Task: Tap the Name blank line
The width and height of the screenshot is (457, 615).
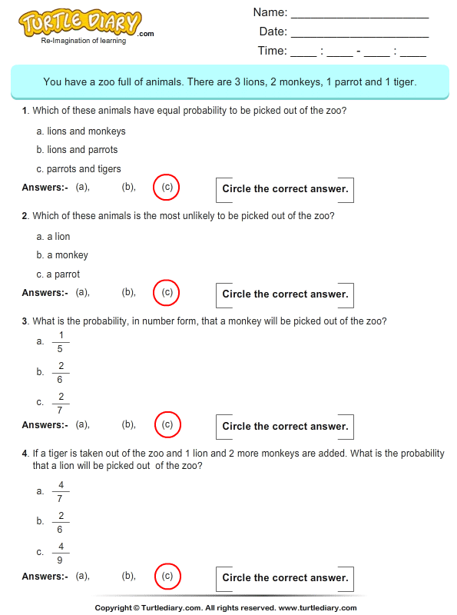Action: click(359, 14)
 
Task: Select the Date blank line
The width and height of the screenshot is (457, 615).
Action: click(359, 33)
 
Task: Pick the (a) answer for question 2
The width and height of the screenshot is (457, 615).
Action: click(82, 292)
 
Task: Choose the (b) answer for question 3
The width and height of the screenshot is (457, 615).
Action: click(128, 424)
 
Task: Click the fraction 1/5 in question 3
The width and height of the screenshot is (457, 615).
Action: click(61, 341)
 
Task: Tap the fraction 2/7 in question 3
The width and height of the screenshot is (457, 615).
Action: click(61, 402)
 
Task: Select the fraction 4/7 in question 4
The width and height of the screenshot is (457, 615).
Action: click(61, 491)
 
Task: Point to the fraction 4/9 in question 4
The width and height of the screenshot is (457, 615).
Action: click(61, 552)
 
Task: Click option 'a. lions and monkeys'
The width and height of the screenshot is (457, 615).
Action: click(81, 131)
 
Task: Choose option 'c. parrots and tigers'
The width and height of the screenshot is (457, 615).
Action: click(78, 169)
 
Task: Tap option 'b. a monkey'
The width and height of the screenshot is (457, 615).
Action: click(62, 255)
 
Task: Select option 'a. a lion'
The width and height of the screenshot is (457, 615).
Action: click(53, 237)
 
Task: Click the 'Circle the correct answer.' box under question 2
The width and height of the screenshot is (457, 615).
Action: click(285, 294)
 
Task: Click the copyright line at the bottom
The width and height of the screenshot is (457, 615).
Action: click(228, 607)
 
